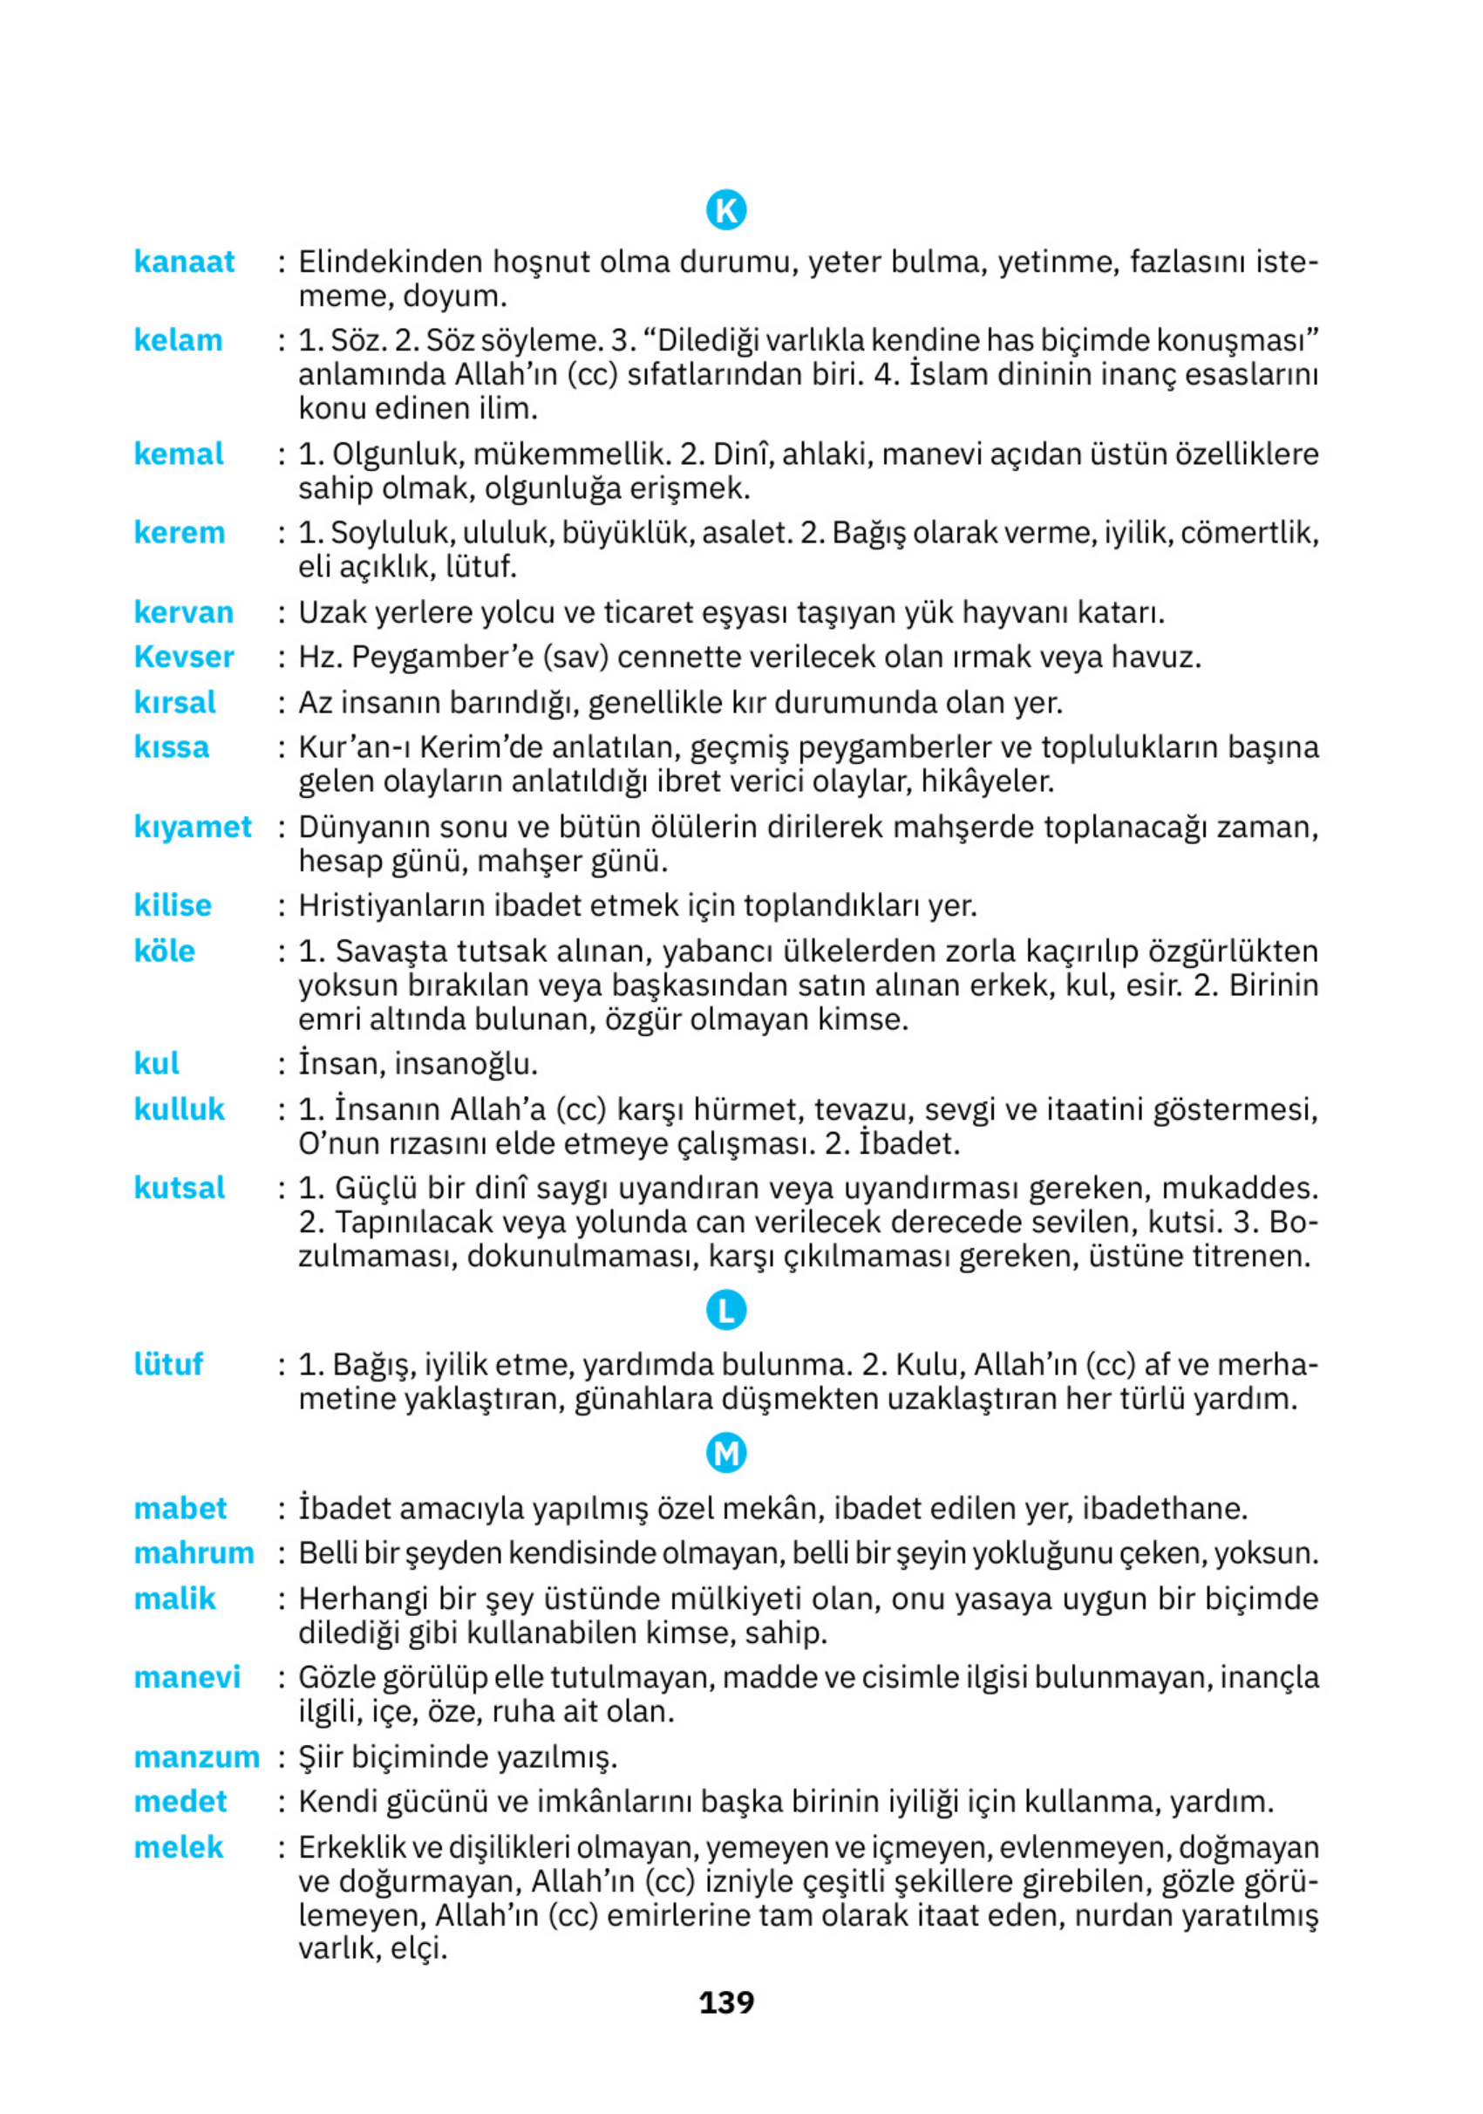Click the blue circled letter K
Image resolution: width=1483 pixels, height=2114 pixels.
tap(725, 210)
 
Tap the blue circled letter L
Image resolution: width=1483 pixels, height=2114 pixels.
tap(725, 1311)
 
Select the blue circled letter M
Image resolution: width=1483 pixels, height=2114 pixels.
tap(725, 1454)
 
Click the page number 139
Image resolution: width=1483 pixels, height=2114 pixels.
tap(725, 2001)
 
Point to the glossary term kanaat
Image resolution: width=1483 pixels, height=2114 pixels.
tap(184, 262)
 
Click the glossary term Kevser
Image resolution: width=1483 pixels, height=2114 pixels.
tap(184, 657)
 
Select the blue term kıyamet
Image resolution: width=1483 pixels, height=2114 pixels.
tap(193, 827)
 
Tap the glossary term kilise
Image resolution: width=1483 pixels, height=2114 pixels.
tap(172, 905)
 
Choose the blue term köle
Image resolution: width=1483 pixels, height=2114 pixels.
tap(164, 951)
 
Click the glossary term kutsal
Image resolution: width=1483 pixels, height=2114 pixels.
tap(179, 1188)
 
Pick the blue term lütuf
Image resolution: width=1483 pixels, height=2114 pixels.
tap(167, 1364)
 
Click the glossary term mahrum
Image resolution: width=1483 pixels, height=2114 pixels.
tap(194, 1553)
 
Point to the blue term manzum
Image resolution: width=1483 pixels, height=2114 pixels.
tap(196, 1756)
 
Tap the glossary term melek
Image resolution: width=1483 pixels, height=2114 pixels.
tap(179, 1847)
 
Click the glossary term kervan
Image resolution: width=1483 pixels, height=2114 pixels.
tap(183, 612)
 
